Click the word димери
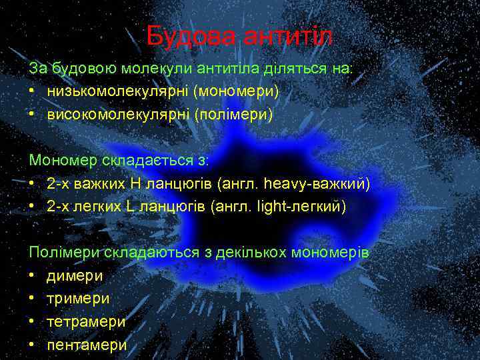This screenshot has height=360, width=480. click(x=75, y=276)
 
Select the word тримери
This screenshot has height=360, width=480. click(x=78, y=299)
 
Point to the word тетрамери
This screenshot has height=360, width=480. click(x=86, y=321)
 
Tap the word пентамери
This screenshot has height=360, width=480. click(x=87, y=345)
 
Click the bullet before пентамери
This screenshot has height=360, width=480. click(x=32, y=345)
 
